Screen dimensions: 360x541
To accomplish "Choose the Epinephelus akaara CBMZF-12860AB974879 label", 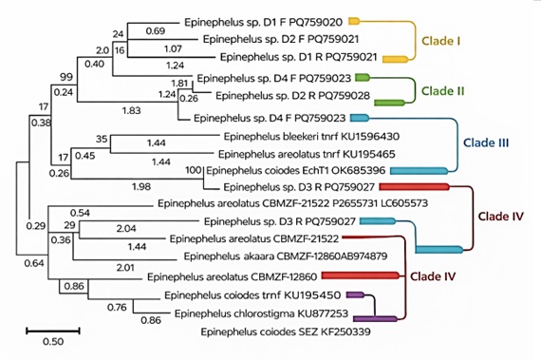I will click(x=273, y=256).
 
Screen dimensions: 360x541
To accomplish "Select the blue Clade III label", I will click(x=485, y=142).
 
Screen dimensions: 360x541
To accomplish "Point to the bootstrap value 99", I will click(x=66, y=76).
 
